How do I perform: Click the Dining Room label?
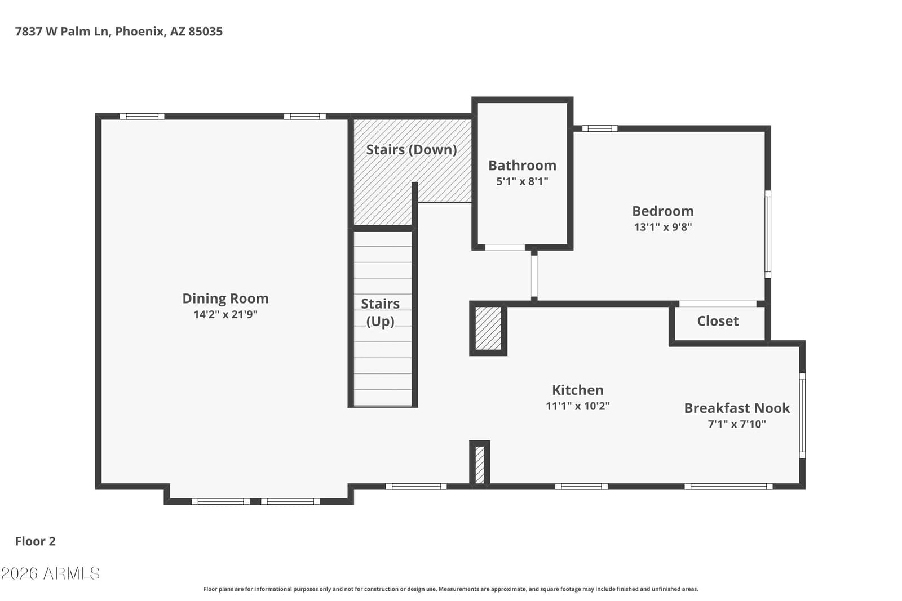225,299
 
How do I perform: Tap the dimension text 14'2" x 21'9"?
225,314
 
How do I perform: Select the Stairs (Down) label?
411,150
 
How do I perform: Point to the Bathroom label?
522,166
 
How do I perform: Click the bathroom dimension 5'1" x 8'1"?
522,181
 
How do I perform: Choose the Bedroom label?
663,211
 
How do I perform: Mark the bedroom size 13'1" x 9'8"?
663,227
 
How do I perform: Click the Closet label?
718,321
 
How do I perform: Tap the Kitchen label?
577,390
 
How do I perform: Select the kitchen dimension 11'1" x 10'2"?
577,406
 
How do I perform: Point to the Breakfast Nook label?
737,408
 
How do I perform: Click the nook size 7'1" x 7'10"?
737,424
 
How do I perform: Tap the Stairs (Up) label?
380,313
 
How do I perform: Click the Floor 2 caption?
36,541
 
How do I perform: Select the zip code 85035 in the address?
205,32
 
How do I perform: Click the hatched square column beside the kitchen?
488,328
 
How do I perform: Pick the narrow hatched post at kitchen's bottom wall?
479,465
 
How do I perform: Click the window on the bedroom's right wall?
767,234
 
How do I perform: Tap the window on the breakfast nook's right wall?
802,416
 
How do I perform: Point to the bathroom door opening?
505,247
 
